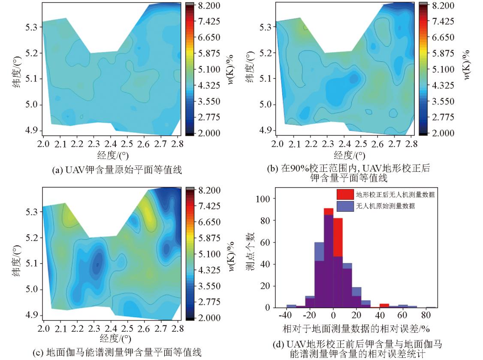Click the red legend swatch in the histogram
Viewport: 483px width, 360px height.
coord(344,194)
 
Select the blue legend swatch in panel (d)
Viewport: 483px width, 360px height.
coord(344,206)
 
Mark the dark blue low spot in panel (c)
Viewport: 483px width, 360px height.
coord(98,264)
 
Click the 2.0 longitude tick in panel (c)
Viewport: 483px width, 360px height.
coord(43,328)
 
